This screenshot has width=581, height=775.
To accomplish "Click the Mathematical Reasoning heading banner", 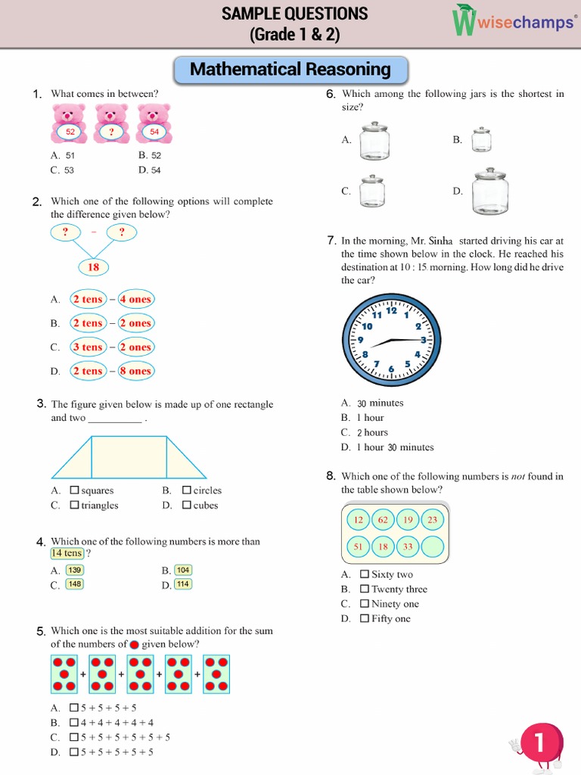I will coord(290,70).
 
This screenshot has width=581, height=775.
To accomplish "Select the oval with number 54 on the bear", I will coord(154,132).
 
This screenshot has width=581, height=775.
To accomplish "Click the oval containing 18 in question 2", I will coord(94,267).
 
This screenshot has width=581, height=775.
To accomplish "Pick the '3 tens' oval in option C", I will coord(87,347).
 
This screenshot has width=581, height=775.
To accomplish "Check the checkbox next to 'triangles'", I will coord(74,505).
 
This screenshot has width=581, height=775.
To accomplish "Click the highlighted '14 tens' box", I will coord(67,553).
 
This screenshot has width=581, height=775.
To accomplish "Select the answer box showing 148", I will coord(74,584).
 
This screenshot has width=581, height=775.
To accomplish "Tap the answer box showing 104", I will coord(183,570).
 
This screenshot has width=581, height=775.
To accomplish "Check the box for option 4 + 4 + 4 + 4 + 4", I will coord(74,723).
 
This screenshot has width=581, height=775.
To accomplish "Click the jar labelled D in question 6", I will coord(489,191).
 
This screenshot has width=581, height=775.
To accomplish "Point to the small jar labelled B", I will coord(481,140).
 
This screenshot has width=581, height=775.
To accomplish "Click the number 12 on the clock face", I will coord(391,310).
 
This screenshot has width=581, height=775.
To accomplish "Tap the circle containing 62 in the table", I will coord(383,520).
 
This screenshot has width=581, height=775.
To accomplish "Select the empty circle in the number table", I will coord(432,546).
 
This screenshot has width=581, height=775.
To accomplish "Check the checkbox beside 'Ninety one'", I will coord(365,604).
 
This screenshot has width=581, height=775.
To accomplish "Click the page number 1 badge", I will coord(539,744).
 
